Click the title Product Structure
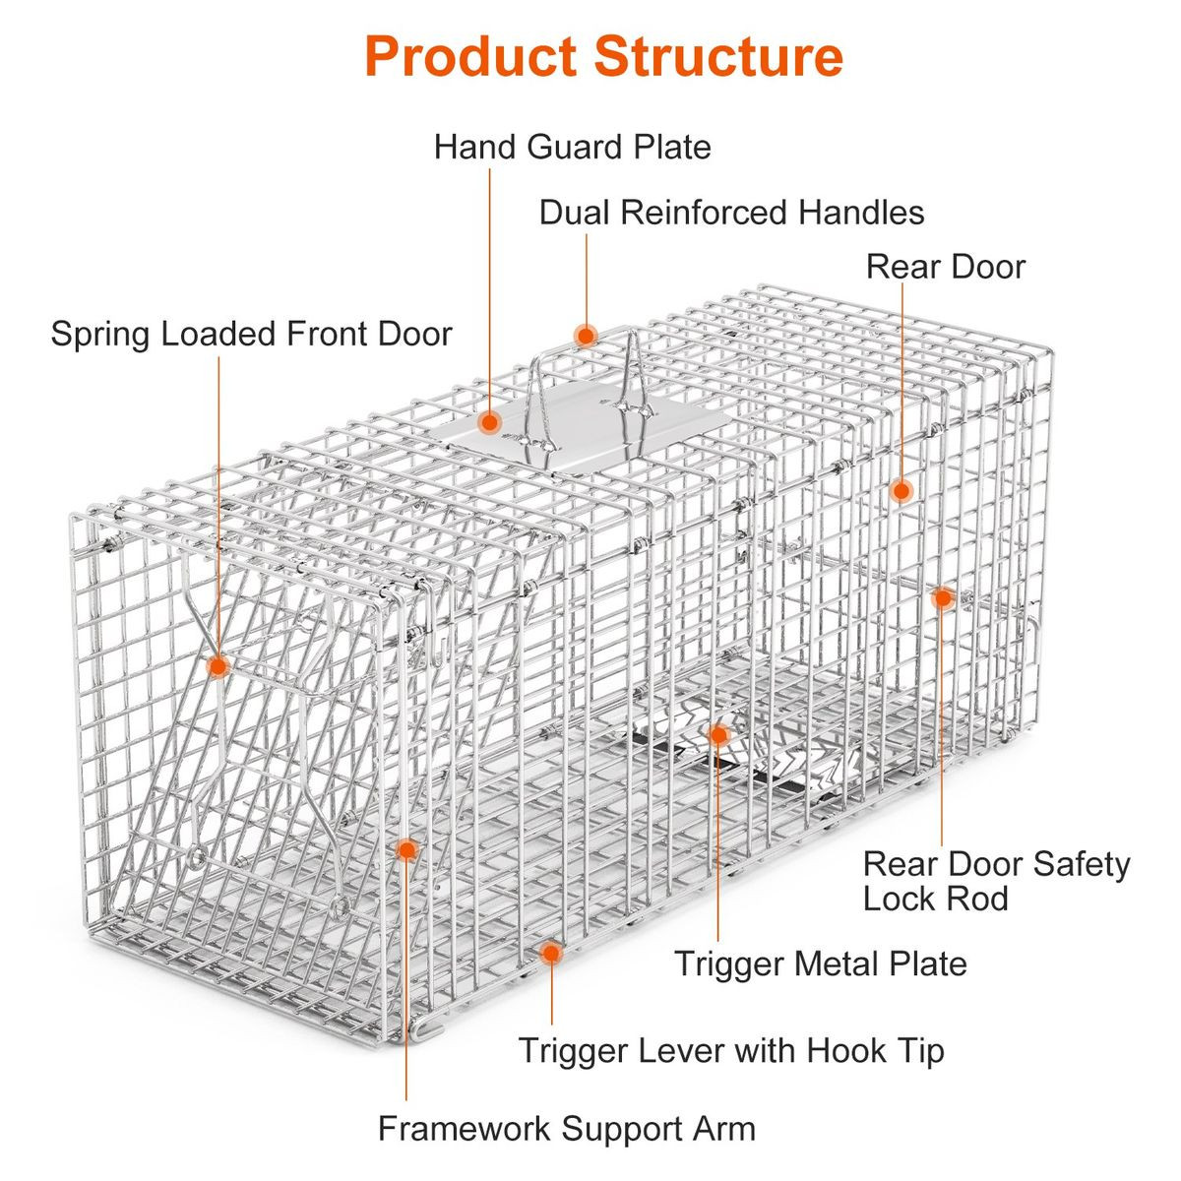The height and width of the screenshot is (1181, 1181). (603, 56)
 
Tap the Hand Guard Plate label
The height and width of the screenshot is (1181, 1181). (572, 148)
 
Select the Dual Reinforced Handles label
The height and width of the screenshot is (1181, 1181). (731, 213)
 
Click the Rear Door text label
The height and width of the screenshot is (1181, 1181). (945, 267)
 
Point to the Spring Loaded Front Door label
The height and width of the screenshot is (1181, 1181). (251, 334)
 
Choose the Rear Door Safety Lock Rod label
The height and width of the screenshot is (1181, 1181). (995, 881)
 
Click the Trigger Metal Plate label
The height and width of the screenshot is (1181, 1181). (820, 963)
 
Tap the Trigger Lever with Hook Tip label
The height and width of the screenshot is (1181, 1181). (731, 1050)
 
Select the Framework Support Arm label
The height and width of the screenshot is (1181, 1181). (567, 1128)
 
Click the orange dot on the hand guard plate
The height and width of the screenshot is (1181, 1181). (490, 423)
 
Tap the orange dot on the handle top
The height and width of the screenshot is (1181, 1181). (586, 336)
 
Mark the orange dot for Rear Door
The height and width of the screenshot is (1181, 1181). (901, 490)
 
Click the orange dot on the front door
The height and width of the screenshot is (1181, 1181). (218, 666)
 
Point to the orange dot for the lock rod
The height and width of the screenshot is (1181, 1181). (942, 596)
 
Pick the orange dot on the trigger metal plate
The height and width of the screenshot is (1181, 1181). (718, 734)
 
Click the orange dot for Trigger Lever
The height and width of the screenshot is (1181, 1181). (551, 952)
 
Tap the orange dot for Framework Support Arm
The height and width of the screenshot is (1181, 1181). (406, 848)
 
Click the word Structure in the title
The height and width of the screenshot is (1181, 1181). (718, 56)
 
